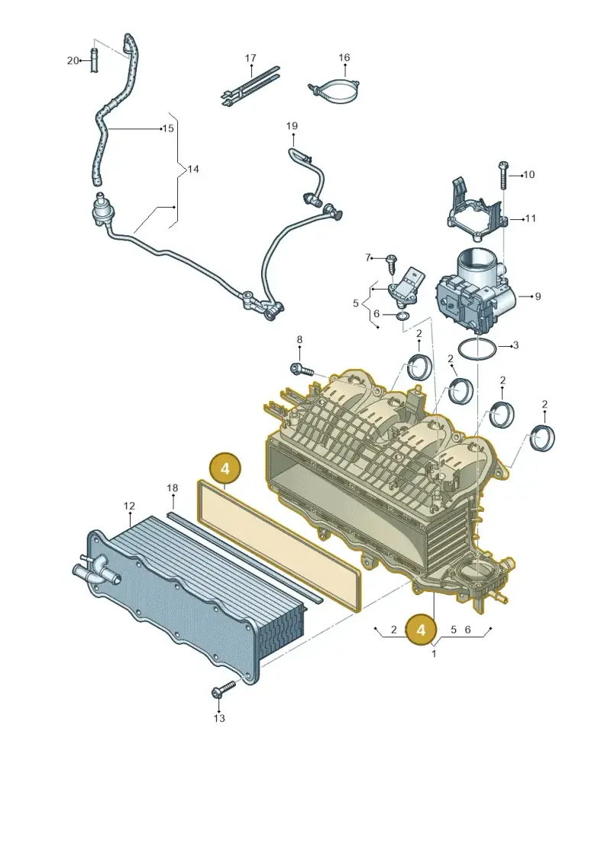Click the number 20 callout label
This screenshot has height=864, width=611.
point(73,60)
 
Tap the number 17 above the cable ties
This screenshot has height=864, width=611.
point(251,58)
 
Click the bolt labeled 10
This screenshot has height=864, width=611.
point(503,174)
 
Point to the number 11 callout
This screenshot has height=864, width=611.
point(530,218)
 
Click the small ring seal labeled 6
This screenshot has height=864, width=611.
point(403,316)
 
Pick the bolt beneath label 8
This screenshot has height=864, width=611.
point(300,369)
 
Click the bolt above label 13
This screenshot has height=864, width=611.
point(222,689)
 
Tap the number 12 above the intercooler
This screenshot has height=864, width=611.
point(129,506)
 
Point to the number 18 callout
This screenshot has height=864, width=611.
point(173,487)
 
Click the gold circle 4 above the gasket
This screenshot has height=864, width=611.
point(225,468)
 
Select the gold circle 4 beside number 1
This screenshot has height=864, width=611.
point(421,629)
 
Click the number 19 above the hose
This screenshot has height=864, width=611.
point(292,125)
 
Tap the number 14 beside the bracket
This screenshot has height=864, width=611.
point(192,169)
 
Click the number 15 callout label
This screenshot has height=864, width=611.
point(169,128)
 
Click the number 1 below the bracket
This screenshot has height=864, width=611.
point(434,654)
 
